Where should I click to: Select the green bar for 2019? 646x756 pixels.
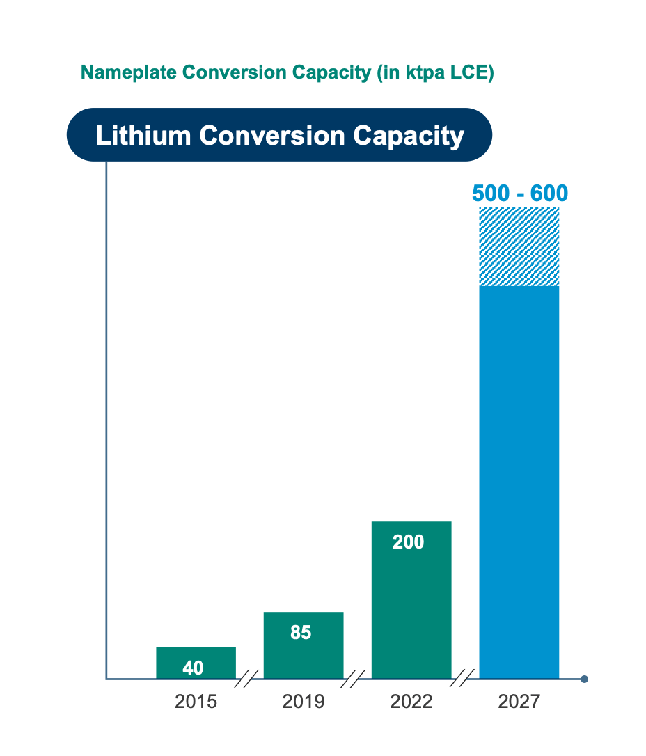click(303, 654)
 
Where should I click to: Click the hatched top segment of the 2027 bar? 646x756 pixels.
click(519, 246)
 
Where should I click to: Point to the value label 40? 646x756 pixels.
click(193, 668)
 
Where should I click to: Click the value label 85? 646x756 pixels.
click(301, 633)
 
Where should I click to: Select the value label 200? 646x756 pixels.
click(408, 542)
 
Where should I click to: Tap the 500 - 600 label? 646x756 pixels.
click(520, 193)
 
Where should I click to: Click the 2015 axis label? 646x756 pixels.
click(196, 702)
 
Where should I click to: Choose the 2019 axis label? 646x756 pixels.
click(304, 702)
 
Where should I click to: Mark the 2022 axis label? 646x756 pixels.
click(411, 702)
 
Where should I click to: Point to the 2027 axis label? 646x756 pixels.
click(519, 702)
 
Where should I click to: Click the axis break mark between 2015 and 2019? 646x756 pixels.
click(246, 678)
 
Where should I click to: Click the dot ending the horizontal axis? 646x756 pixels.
click(584, 679)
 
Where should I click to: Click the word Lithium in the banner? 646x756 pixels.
click(144, 136)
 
